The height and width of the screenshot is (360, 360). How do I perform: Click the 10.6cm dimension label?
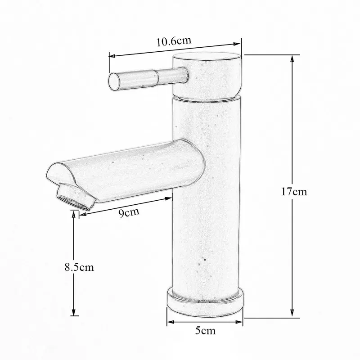point(174,41)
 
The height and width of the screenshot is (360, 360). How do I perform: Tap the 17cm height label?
point(294,191)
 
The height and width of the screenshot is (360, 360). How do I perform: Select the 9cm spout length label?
point(129,212)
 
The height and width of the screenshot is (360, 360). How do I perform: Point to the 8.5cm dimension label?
point(79,267)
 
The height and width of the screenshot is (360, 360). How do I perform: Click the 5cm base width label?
point(206,331)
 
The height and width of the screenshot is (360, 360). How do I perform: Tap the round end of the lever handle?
point(114,81)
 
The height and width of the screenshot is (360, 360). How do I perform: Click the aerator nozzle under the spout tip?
point(76,198)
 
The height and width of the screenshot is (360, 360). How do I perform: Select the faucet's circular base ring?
point(205,302)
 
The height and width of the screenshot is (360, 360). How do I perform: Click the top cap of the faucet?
point(207,58)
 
